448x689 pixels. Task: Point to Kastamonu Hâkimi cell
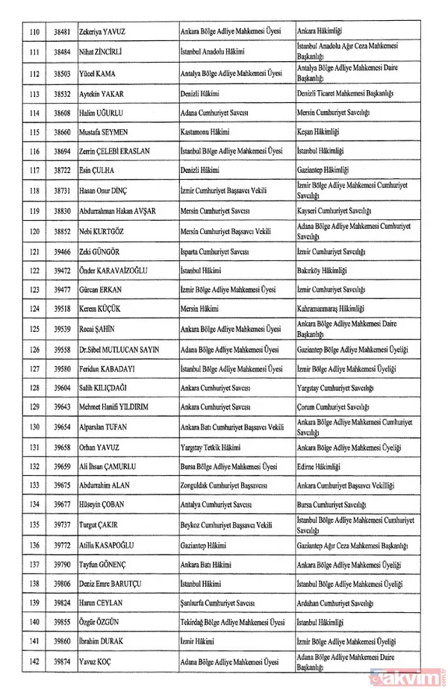(207, 132)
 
